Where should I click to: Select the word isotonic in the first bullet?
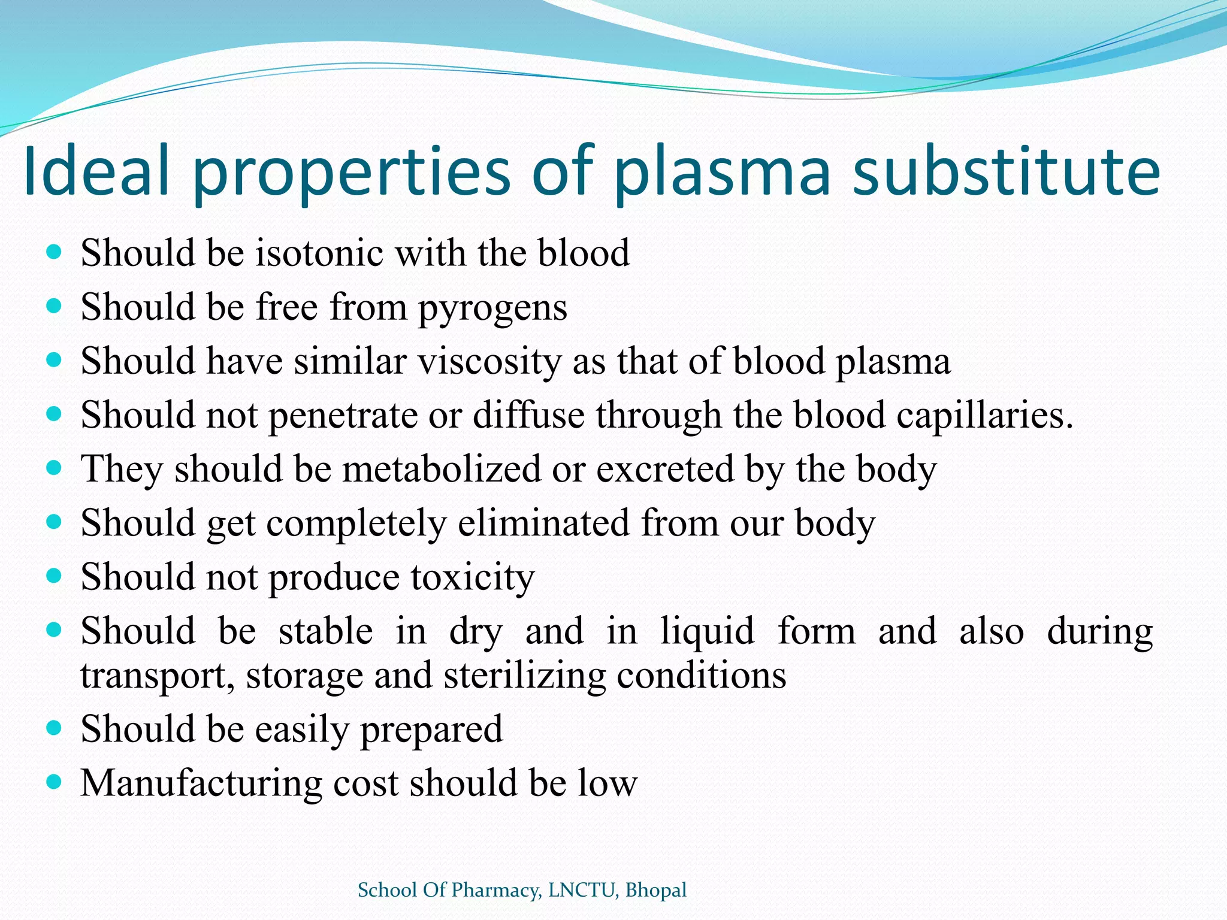click(x=320, y=253)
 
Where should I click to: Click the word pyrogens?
click(x=492, y=308)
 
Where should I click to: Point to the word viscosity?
click(x=489, y=362)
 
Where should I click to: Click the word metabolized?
click(x=441, y=469)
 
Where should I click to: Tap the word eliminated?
click(x=543, y=523)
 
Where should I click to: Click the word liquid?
click(x=707, y=631)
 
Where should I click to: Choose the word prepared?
click(x=431, y=730)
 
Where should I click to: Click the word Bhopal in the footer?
click(x=655, y=890)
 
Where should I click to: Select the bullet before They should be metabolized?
click(x=54, y=467)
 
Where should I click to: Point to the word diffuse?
click(x=528, y=415)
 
